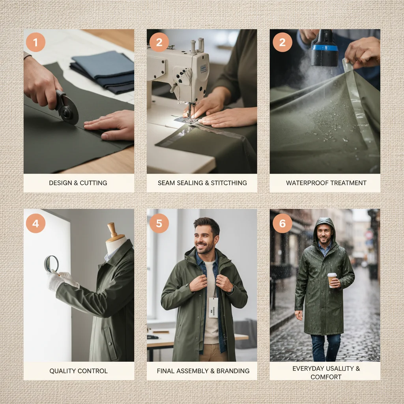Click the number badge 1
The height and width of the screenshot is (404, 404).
click(36, 42)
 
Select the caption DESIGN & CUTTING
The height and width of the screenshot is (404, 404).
click(78, 183)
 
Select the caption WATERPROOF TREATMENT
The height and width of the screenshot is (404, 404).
click(326, 183)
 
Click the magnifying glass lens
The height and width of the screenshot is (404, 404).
click(51, 263)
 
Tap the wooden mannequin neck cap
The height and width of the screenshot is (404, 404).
click(114, 232)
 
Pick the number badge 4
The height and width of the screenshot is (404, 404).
click(36, 224)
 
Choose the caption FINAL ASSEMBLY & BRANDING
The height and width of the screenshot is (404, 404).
click(203, 371)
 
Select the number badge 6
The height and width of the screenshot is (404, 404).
click(282, 224)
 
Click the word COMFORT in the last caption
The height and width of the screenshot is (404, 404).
click(325, 377)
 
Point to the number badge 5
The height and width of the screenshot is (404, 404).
click(159, 224)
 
